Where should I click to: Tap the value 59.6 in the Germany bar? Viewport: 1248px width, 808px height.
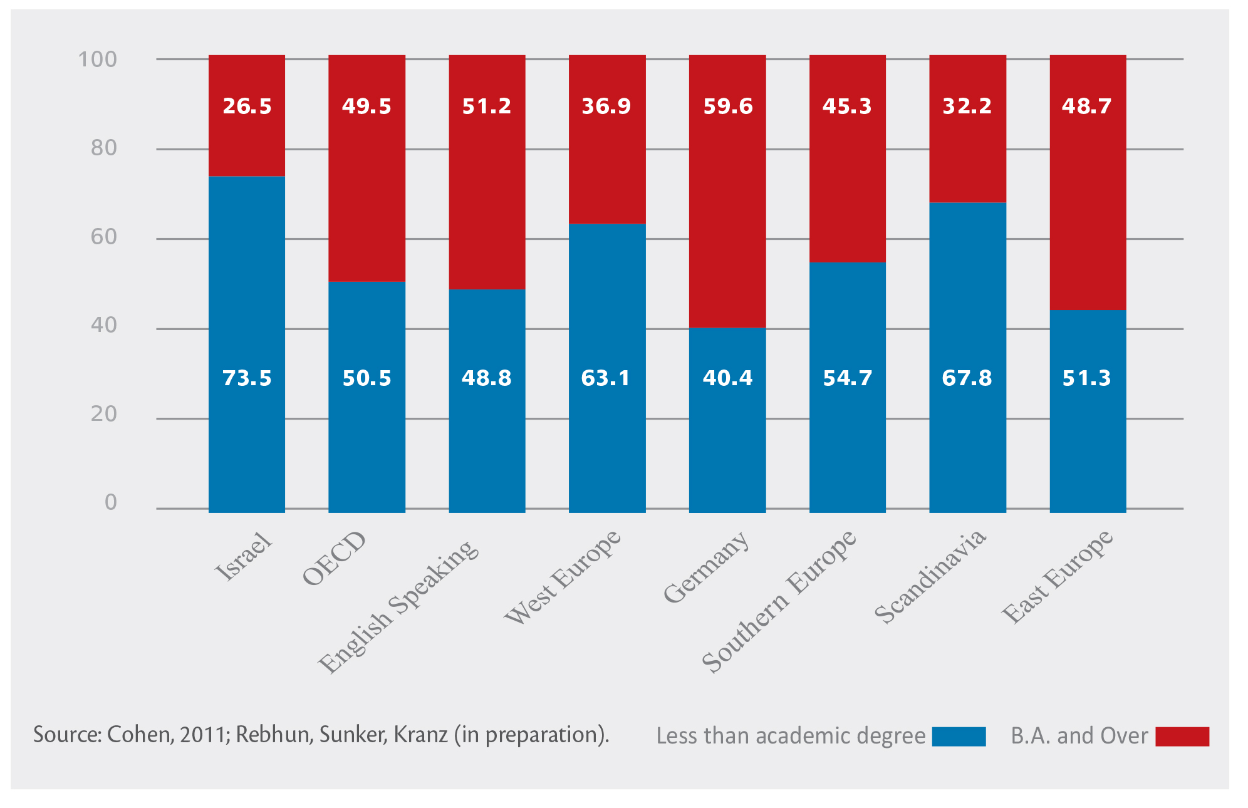coord(727,106)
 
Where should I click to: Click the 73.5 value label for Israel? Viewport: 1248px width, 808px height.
coord(247,378)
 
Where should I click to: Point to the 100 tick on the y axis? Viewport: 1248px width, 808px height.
coord(98,60)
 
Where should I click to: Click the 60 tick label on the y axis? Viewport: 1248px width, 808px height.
coord(104,237)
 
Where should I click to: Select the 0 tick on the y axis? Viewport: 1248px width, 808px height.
coord(111,502)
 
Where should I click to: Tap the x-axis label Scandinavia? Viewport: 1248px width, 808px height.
coord(930,576)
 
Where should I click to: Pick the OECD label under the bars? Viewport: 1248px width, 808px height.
coord(333,557)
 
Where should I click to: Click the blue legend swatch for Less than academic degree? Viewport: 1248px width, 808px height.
coord(959,736)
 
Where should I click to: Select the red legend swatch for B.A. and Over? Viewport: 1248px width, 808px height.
coord(1182,736)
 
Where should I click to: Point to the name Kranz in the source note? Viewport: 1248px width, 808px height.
coord(420,735)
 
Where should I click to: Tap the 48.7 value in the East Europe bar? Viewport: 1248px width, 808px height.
coord(1086,106)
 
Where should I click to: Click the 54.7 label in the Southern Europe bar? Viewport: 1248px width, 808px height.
coord(847,378)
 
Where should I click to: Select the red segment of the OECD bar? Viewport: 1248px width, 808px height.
coord(367,188)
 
